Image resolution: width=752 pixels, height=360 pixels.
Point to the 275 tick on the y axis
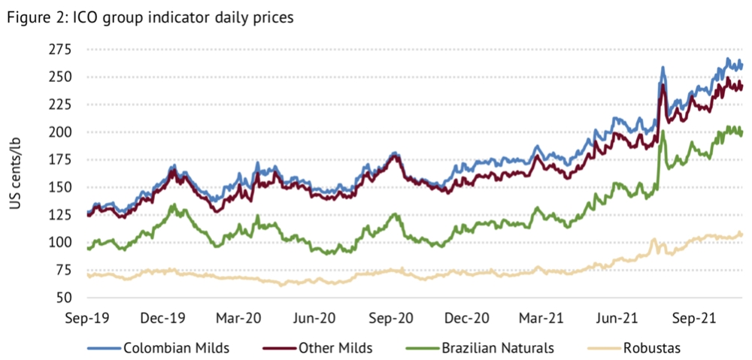click(x=60, y=50)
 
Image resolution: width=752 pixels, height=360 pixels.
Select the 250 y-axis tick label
click(x=60, y=77)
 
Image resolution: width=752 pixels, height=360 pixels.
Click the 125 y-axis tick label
click(x=60, y=215)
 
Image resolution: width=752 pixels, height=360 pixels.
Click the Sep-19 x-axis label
click(x=87, y=317)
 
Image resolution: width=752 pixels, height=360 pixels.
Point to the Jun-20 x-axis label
click(x=315, y=317)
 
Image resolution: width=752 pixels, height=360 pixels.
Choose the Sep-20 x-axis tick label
click(x=391, y=317)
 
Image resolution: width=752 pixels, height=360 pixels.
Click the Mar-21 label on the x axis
click(x=542, y=317)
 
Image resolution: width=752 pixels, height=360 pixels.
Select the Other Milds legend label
click(x=335, y=347)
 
